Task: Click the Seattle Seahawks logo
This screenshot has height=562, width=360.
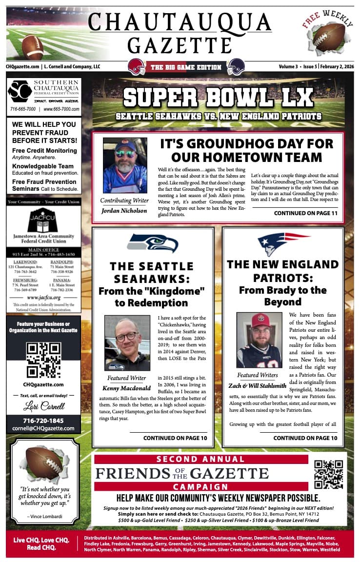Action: [152, 243]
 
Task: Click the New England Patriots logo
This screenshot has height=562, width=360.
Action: [283, 243]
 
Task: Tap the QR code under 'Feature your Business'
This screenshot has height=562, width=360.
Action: [43, 361]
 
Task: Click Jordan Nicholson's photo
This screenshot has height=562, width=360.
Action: [124, 165]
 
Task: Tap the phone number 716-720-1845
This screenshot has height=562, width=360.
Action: [43, 420]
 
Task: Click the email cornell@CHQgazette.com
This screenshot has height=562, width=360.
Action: [43, 428]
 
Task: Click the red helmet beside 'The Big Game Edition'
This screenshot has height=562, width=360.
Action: [136, 66]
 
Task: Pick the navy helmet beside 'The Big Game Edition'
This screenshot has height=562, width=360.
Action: [236, 66]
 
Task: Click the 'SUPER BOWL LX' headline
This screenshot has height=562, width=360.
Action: [218, 97]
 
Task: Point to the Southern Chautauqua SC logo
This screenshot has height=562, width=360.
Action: [20, 91]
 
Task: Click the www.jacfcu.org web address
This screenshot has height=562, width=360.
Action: [43, 297]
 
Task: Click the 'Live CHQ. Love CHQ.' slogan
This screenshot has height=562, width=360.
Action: [41, 541]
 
